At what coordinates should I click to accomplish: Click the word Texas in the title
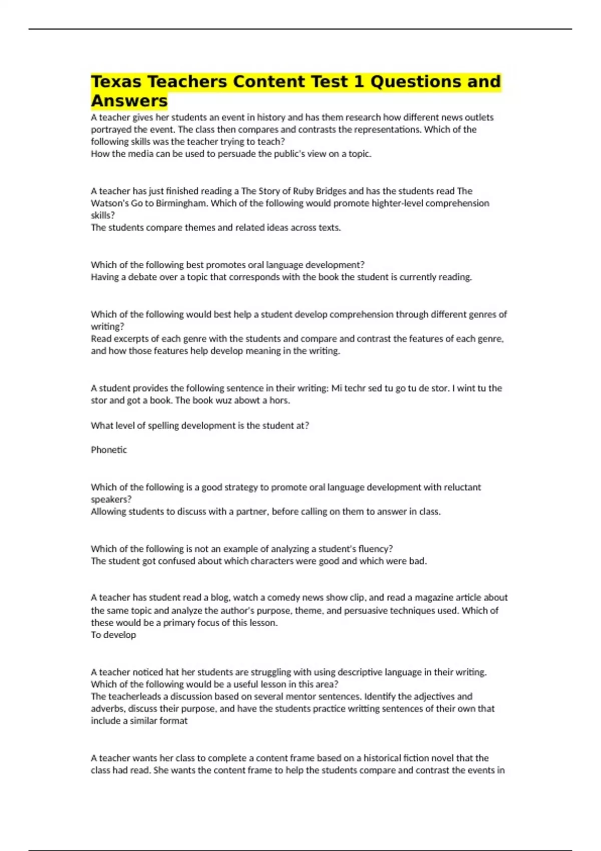[116, 82]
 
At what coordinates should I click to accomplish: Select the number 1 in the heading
[359, 82]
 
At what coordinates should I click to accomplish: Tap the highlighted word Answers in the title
[129, 101]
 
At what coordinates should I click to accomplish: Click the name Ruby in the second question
[303, 191]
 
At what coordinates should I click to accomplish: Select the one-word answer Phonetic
[109, 450]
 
